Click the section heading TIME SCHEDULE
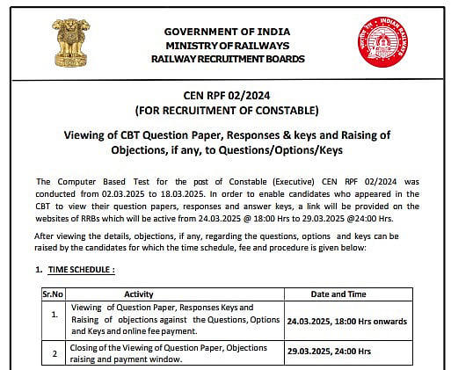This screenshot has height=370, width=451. pos(82,268)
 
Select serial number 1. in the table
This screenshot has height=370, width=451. pos(54,313)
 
